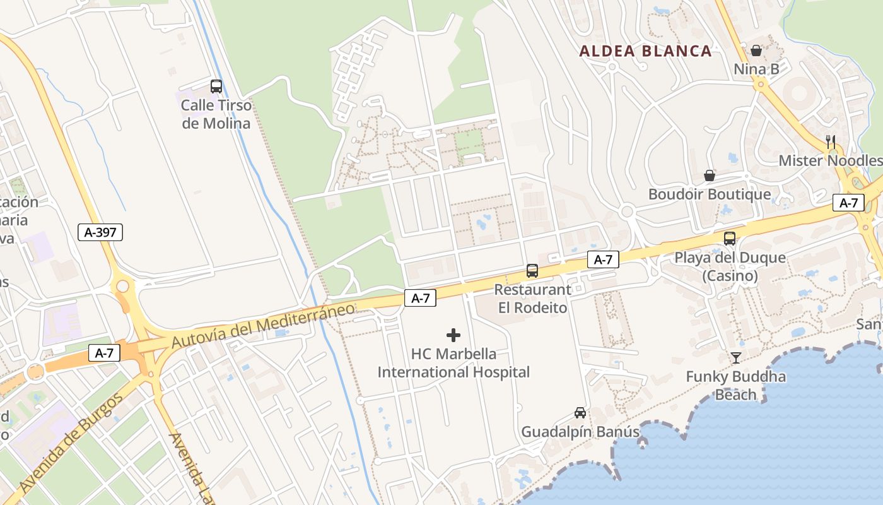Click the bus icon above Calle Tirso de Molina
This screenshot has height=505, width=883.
216,86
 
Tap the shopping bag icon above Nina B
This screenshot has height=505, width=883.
756,50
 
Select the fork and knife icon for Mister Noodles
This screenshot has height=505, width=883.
831,141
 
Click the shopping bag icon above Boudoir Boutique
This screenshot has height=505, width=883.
710,175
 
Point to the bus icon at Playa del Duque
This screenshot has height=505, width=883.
730,239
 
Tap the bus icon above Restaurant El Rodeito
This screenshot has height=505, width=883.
532,271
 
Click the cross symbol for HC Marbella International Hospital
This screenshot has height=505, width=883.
453,335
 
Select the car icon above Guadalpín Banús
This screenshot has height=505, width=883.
580,413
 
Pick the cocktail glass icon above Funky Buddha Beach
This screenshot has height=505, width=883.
736,358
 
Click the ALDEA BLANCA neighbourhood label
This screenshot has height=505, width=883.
645,51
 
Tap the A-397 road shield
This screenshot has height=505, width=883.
100,232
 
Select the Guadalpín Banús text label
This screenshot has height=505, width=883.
580,432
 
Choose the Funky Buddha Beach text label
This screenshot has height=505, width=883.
736,386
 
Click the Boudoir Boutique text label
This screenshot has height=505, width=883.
710,194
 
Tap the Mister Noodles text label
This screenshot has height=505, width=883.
829,160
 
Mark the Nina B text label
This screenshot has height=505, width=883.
756,69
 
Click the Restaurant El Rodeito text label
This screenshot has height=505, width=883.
532,299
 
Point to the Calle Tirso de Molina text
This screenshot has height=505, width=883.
216,114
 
